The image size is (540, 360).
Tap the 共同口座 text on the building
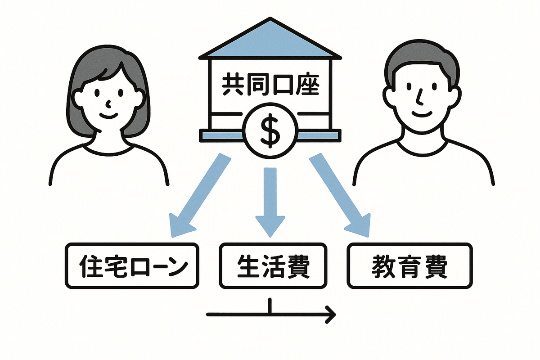270,85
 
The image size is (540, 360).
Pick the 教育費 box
409,266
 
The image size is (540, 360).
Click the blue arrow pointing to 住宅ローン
198,193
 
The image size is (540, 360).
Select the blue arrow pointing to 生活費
270,198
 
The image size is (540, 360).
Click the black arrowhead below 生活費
331,315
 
